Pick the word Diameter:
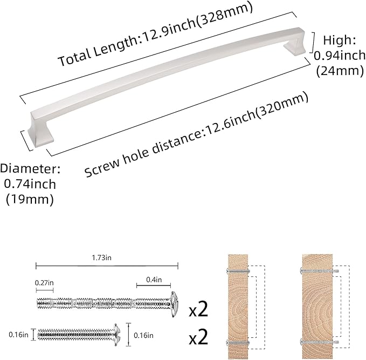30,169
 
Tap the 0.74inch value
30,184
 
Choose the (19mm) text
30,199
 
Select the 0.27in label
44,282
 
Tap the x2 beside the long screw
198,311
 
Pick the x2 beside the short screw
198,338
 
